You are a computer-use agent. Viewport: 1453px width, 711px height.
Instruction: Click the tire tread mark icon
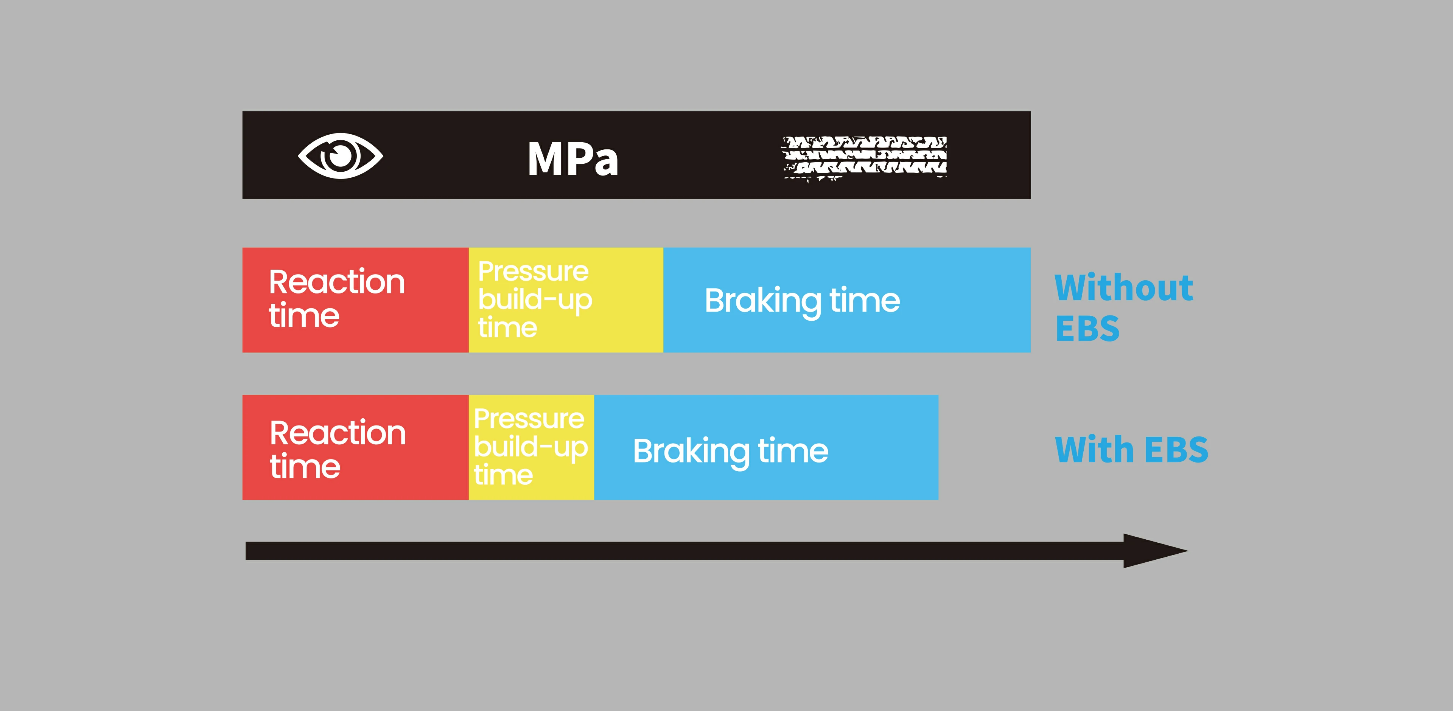[x=865, y=158]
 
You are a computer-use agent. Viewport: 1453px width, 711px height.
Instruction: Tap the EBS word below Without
[x=1087, y=329]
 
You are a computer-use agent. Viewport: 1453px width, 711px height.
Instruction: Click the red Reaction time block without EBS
[x=355, y=300]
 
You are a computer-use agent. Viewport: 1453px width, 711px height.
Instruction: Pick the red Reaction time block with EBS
[x=355, y=447]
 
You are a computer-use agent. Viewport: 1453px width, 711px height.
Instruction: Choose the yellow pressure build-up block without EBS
[x=566, y=300]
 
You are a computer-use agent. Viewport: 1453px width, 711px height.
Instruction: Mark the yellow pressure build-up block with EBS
[x=531, y=447]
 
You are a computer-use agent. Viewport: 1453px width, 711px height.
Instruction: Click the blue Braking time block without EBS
[x=847, y=300]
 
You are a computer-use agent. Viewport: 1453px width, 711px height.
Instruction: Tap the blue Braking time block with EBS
[x=766, y=447]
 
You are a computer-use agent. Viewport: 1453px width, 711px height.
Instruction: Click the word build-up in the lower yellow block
[x=531, y=447]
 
